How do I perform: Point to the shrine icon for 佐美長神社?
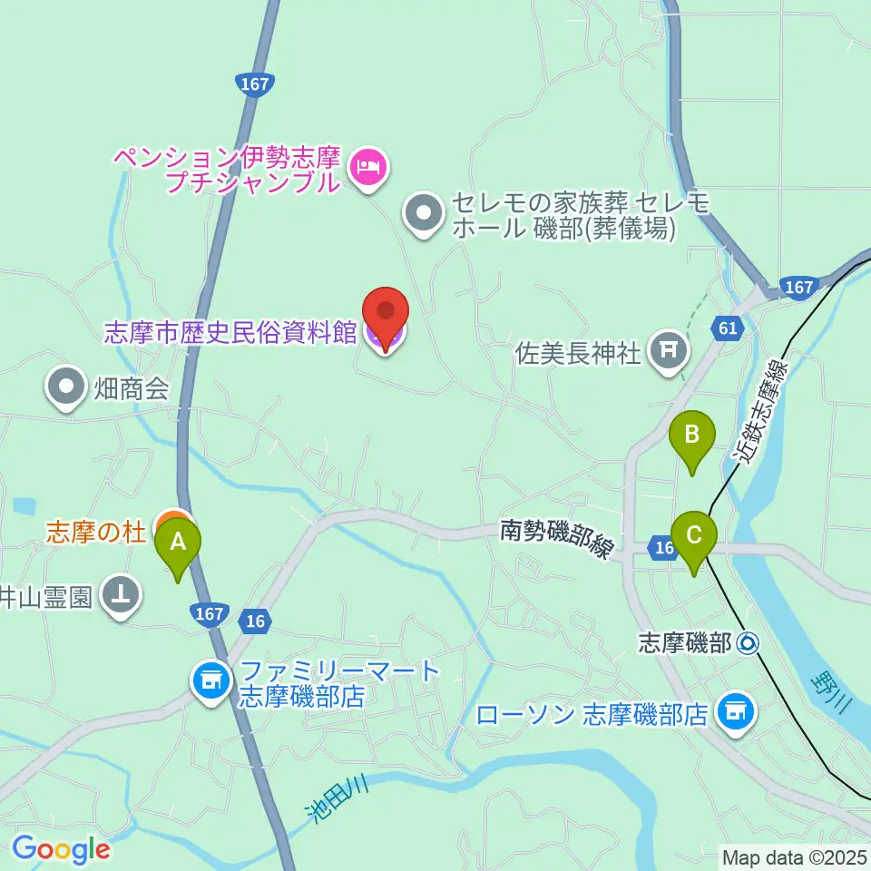click(670, 350)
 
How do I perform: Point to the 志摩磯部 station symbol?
click(749, 644)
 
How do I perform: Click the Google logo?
click(61, 849)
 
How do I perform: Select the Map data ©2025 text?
click(794, 856)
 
